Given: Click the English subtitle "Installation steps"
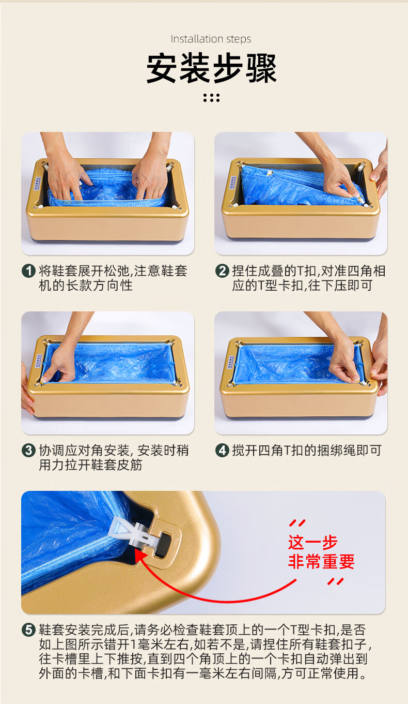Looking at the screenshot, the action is [x=211, y=39].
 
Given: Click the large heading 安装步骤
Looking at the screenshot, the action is [x=212, y=68].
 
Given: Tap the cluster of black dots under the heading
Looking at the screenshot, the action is [x=212, y=98].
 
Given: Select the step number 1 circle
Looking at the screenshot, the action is [x=28, y=271].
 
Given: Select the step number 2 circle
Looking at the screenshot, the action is [x=222, y=271].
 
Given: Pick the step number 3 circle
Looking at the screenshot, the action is [x=28, y=451].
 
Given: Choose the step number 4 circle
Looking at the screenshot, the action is [x=222, y=451].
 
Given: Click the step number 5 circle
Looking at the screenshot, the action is [x=28, y=630].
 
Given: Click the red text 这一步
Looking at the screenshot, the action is [x=312, y=542].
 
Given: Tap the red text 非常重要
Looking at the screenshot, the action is [x=321, y=562].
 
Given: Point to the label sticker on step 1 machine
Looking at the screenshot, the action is [x=37, y=183].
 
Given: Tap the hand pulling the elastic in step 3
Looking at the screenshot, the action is [x=59, y=365].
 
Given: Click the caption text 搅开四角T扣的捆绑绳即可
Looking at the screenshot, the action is [x=307, y=451].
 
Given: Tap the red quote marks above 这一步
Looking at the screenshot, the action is [x=297, y=523].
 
